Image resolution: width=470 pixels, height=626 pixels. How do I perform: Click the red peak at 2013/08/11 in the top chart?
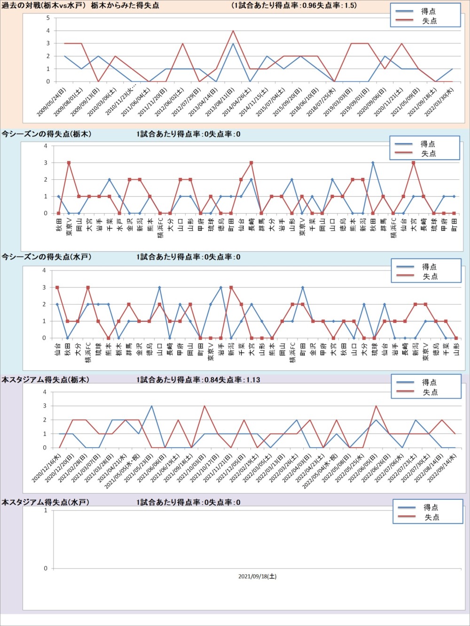coord(233,31)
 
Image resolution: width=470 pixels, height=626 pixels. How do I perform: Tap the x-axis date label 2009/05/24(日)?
coord(52,101)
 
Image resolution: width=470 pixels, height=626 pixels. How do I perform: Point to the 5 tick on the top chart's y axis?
coord(48,18)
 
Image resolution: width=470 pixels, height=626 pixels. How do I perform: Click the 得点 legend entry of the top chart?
coord(428,11)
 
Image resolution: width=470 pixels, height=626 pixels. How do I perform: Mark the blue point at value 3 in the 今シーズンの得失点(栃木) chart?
coord(373,163)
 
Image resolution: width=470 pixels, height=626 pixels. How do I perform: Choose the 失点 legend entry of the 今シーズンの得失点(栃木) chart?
coord(428,153)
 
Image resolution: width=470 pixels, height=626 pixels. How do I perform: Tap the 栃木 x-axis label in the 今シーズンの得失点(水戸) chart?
coord(119,349)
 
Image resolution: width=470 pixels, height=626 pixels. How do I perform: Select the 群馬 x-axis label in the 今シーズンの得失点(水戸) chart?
coord(129,349)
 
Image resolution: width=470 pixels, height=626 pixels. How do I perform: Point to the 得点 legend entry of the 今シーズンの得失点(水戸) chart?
coord(429,267)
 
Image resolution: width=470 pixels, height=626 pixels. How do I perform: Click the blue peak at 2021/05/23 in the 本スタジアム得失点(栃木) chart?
coord(151,406)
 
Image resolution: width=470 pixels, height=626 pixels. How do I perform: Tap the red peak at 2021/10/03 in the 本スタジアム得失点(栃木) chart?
coord(204,406)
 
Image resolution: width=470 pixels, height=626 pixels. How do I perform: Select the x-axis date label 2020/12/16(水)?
coord(47,468)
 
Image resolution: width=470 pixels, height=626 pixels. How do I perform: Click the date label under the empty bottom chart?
coord(257,576)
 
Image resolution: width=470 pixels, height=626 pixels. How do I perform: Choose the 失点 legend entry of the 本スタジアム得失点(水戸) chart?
coord(431,517)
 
